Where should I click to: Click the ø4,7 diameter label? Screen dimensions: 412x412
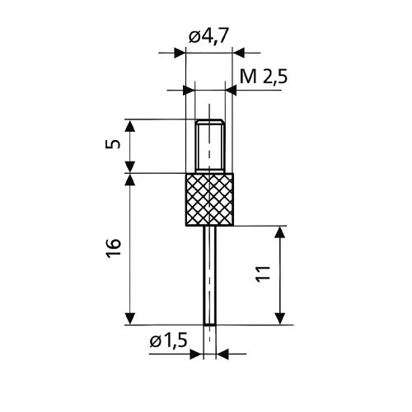point(208,36)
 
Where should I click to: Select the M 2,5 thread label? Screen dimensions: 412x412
point(264,77)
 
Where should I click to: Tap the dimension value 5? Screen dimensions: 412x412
point(113,143)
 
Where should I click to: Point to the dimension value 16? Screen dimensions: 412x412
point(113,248)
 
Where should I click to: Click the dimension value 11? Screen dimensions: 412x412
point(263,274)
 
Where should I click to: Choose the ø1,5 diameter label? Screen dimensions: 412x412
point(169,341)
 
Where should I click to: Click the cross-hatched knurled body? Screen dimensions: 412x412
point(209,199)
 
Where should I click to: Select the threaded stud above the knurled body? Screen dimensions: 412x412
point(209,146)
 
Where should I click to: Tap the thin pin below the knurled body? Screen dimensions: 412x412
point(209,275)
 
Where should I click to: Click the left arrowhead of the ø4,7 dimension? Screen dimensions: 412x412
point(180,53)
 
